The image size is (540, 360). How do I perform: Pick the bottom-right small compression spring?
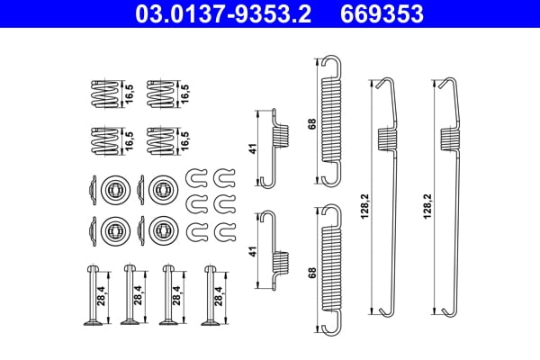point(160,139)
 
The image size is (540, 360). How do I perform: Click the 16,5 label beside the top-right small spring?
point(186,92)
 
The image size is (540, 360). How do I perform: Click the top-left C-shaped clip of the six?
point(195,175)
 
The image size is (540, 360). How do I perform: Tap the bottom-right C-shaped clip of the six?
point(220,231)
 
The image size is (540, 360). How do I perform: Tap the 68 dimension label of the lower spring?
point(312,271)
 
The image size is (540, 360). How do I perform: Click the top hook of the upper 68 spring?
point(331,64)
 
